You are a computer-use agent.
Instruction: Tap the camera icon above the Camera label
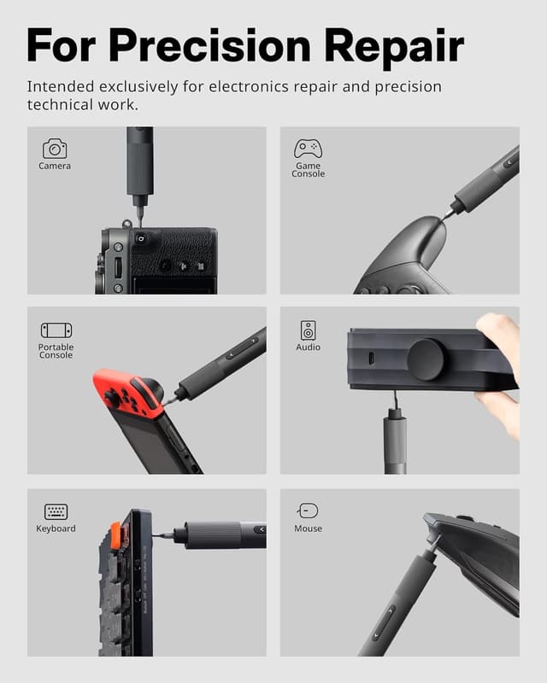click(55, 149)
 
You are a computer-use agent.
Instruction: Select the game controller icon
click(308, 149)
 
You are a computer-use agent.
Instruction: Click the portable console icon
click(56, 330)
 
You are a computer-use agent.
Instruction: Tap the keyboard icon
click(56, 511)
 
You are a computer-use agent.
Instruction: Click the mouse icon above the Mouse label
click(308, 511)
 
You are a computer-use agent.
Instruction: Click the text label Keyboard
click(56, 528)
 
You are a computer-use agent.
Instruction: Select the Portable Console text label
click(56, 351)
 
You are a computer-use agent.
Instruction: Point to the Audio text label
click(308, 347)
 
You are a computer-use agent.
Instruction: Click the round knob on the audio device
click(426, 359)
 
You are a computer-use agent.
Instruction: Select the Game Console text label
click(308, 170)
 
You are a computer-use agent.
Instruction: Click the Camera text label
click(55, 166)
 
